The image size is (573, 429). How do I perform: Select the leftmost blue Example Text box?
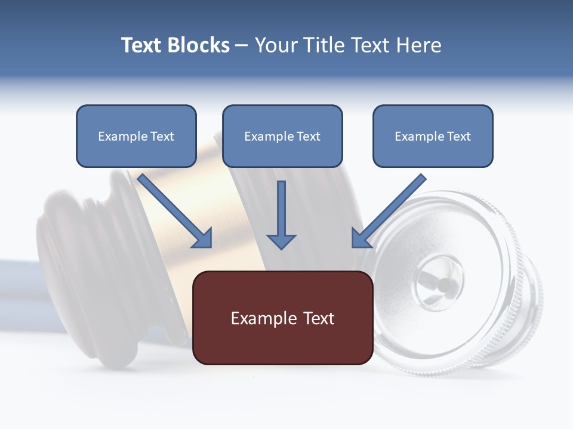coord(136,136)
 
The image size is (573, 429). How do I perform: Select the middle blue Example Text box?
coord(282,136)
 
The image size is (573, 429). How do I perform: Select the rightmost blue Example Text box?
coord(433,136)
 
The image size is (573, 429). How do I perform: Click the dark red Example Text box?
coord(282,318)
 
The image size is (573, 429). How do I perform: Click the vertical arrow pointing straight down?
coord(281,214)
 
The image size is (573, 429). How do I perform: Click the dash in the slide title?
coord(242,46)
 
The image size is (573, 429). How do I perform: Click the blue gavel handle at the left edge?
coord(18,280)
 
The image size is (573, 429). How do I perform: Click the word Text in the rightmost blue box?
coord(458,136)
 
